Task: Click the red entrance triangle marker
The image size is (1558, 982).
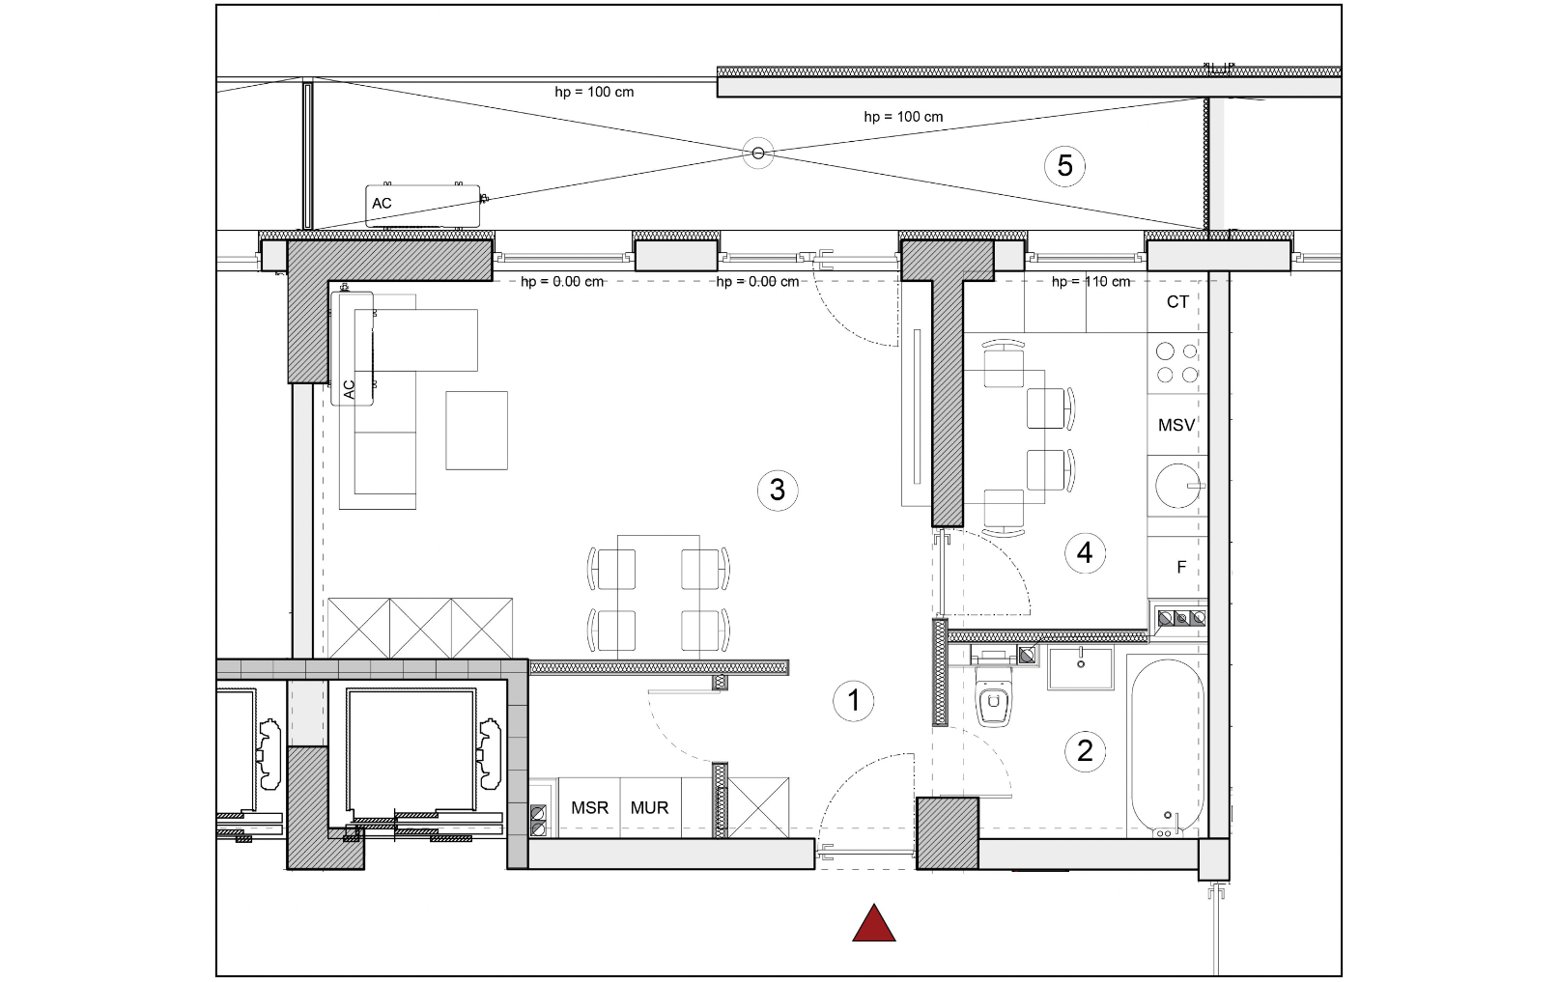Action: pos(873,923)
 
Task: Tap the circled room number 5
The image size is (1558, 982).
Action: pos(1064,166)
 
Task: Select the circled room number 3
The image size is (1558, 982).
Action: pos(778,491)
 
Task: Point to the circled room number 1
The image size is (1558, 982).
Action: pos(854,700)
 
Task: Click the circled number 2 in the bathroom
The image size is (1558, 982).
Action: pos(1085,751)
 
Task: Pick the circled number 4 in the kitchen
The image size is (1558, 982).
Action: pos(1085,553)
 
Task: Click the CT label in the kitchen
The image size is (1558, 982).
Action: pos(1177,302)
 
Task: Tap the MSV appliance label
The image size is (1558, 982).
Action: pos(1176,425)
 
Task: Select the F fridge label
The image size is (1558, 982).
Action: pos(1181,568)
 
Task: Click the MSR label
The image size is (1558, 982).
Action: pos(590,807)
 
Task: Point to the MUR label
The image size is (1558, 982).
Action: pos(650,807)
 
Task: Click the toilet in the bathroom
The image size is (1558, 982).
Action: pos(993,695)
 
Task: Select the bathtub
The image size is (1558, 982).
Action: pos(1167,746)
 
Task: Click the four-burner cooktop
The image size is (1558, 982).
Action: pos(1176,363)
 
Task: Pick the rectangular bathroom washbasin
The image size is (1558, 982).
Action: pos(1080,668)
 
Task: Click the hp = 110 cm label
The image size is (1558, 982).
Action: pos(1091,282)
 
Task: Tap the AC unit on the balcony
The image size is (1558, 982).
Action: pos(423,206)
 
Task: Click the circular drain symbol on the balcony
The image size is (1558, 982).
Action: pos(758,153)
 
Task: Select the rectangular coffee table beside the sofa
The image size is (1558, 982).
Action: pos(476,431)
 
